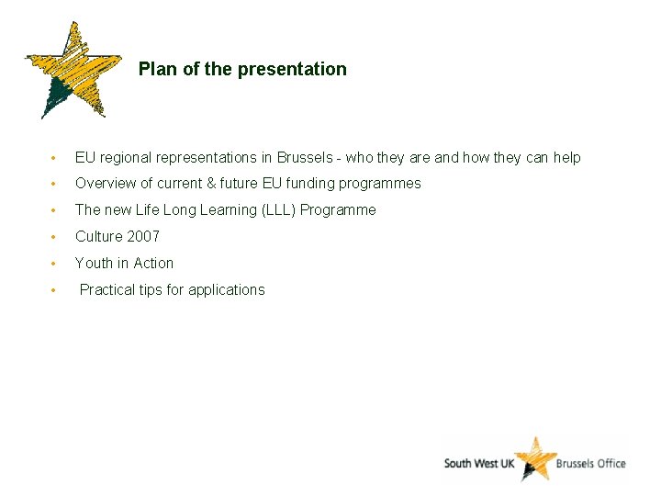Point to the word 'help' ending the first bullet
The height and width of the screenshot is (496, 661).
point(566,157)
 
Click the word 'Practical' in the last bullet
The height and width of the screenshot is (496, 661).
point(107,289)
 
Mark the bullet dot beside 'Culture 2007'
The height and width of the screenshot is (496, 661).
point(56,237)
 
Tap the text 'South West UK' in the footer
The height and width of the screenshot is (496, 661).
point(478,463)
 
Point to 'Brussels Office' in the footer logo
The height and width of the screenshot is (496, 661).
point(591,463)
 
